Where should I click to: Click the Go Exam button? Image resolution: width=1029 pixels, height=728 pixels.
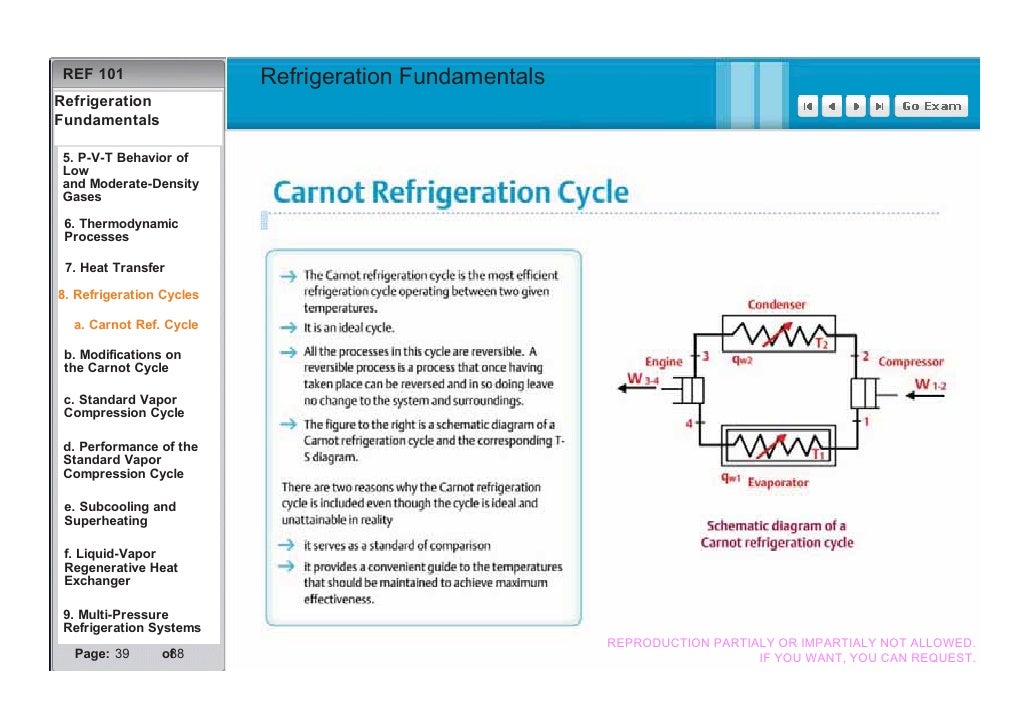931,106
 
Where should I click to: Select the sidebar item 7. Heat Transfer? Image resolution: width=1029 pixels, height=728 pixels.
114,268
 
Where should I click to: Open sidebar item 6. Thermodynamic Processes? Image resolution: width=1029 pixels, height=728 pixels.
120,231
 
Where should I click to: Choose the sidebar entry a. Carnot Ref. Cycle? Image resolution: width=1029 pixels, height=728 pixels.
135,325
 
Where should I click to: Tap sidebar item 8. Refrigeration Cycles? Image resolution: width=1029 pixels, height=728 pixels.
128,295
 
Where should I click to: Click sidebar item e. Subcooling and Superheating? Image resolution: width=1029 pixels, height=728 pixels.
119,514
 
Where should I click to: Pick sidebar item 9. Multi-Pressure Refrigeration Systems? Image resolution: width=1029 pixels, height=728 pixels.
131,621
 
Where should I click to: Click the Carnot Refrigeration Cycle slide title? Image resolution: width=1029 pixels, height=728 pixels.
451,192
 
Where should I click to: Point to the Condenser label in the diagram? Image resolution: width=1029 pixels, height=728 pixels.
776,304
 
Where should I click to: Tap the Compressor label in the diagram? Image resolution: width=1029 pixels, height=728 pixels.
910,362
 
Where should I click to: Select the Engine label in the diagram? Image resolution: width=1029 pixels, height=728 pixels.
663,362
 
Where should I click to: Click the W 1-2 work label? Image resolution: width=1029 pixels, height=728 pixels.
927,385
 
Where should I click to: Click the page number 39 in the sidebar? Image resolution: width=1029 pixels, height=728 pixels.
122,654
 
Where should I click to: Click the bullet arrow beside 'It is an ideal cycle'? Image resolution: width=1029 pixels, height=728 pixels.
288,328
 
